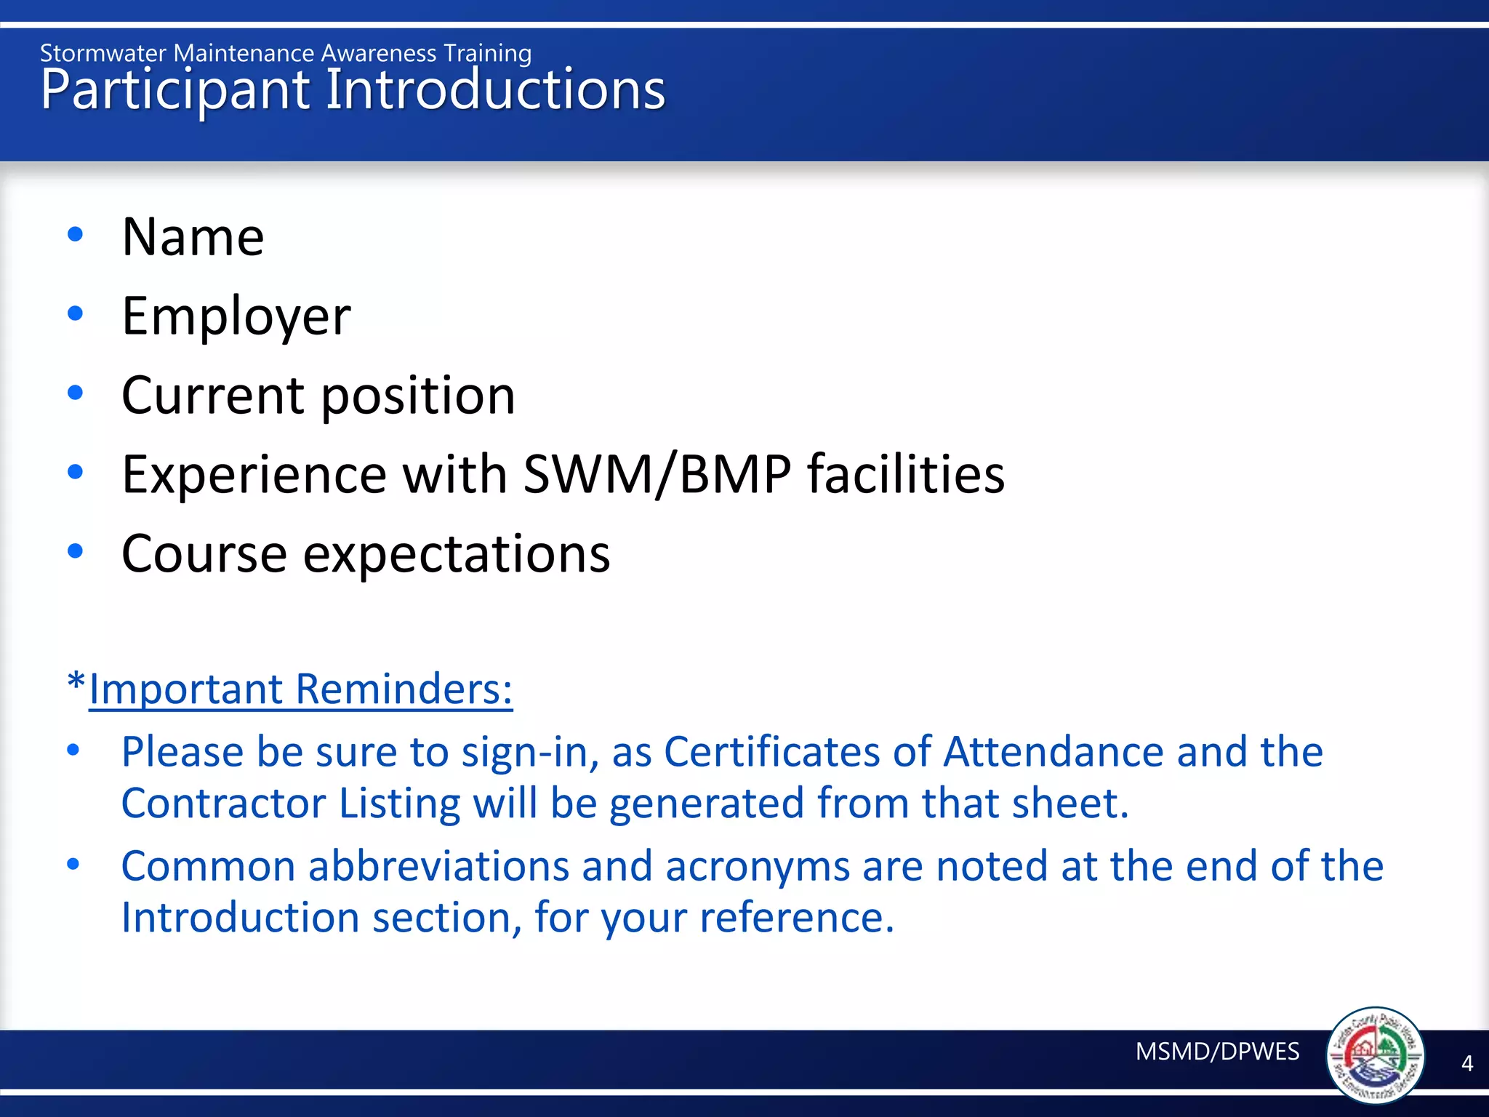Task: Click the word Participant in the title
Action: [174, 91]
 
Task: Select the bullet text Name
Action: [193, 237]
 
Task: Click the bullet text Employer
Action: [236, 316]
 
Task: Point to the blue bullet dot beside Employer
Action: [75, 313]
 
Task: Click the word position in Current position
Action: [418, 396]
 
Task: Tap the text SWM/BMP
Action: [657, 475]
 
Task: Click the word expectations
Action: [457, 555]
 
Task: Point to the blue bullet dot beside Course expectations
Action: [75, 551]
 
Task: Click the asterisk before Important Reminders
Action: [76, 682]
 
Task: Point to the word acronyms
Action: [757, 868]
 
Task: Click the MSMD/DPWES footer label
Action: [1217, 1052]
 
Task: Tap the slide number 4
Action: [1467, 1064]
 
